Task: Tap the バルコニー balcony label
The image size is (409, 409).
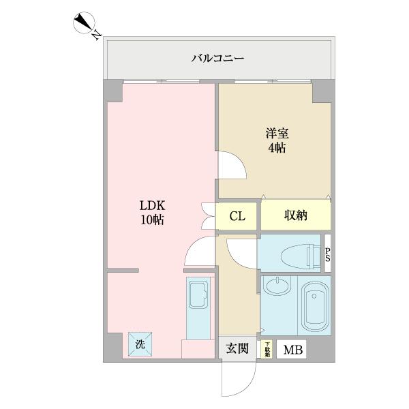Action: tap(217, 59)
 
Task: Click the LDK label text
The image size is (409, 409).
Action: tap(153, 205)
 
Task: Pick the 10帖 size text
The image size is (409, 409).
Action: tap(153, 220)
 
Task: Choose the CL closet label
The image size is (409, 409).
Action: tap(237, 217)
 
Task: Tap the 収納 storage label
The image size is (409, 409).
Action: tap(295, 216)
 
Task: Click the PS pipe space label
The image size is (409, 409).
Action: tap(328, 254)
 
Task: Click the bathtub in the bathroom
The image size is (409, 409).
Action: tap(314, 307)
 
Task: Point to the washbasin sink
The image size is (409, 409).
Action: tap(275, 287)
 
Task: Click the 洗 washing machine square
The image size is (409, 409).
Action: tap(140, 345)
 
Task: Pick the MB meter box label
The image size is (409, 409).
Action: tap(291, 350)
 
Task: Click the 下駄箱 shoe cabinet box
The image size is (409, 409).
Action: tap(267, 350)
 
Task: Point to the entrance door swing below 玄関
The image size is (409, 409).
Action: tap(239, 378)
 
